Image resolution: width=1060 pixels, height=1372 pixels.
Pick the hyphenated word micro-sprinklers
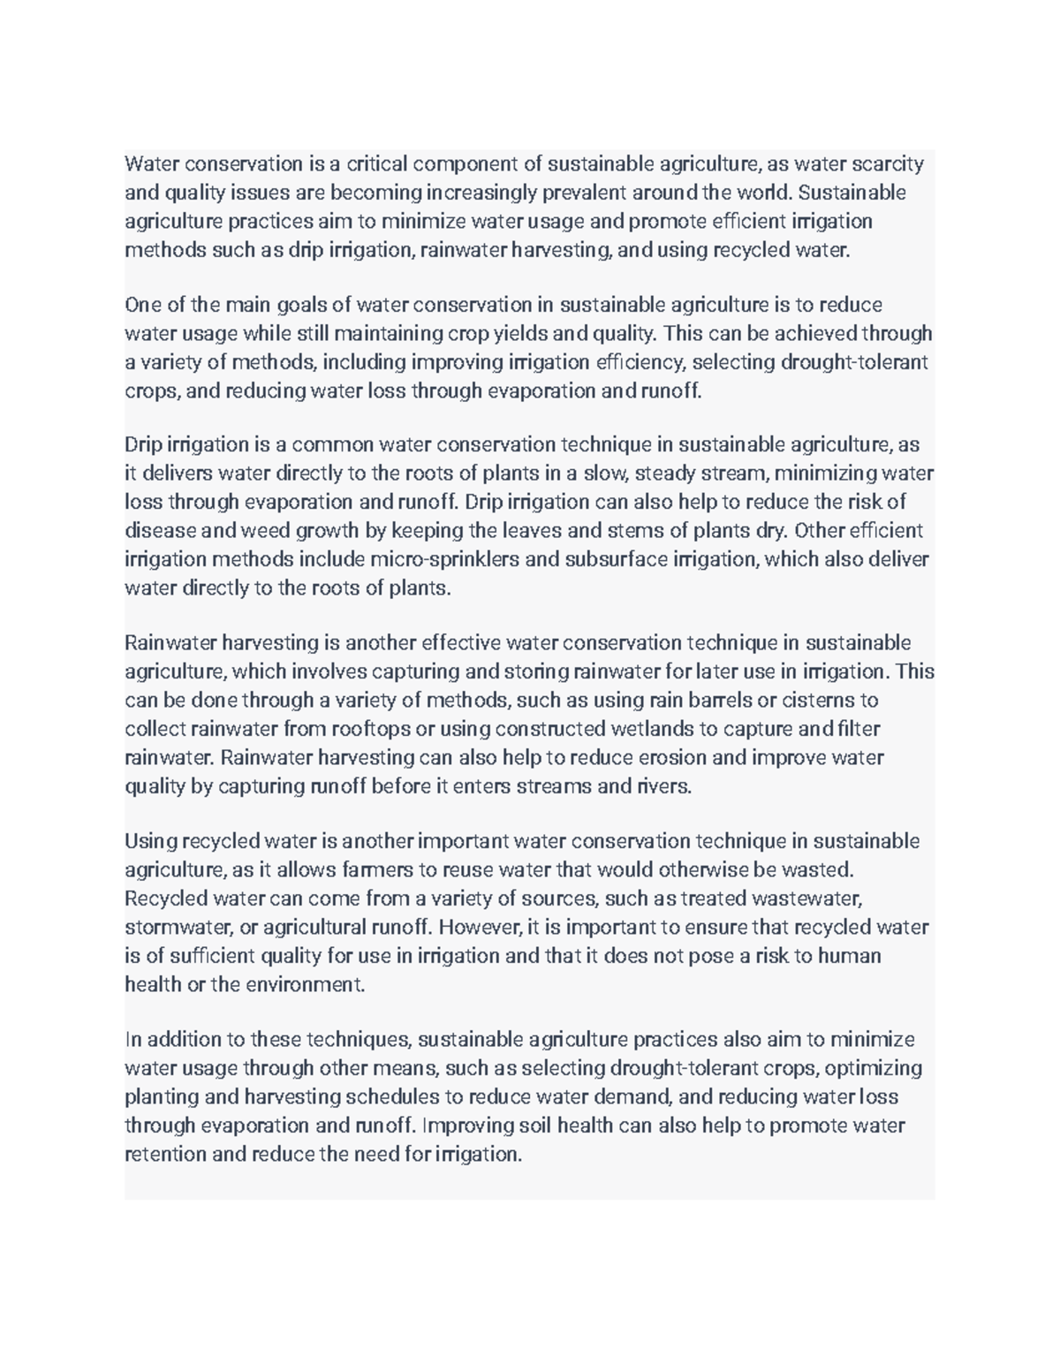coord(446,559)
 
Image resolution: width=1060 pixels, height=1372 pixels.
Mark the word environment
coord(303,985)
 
